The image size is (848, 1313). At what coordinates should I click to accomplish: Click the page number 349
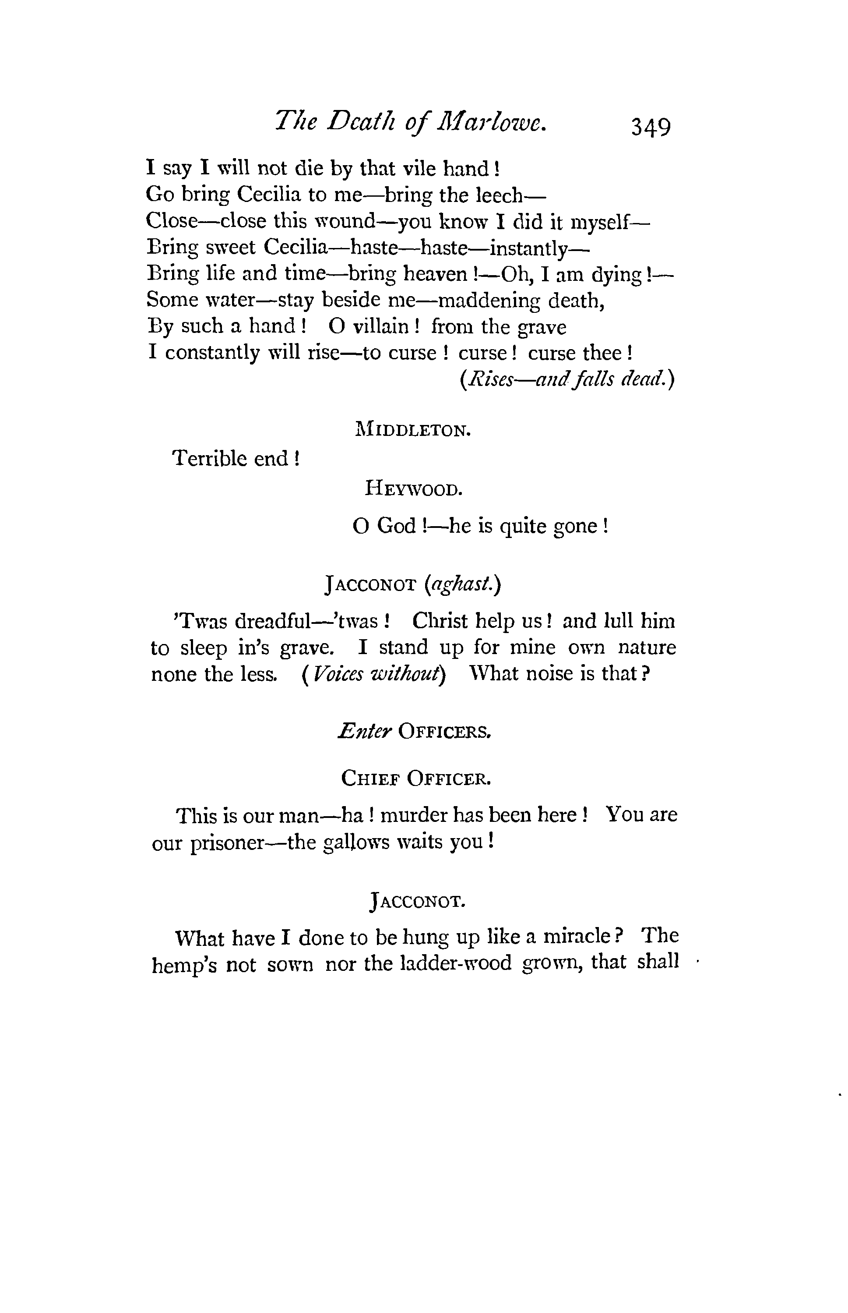[651, 127]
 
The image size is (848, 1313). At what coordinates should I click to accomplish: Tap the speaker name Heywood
[413, 489]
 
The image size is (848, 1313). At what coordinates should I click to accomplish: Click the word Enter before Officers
[365, 731]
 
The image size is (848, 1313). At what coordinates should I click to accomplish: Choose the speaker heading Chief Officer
[416, 779]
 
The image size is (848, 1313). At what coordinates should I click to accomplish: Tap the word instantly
[528, 249]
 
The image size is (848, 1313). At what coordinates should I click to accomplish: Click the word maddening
[489, 301]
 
